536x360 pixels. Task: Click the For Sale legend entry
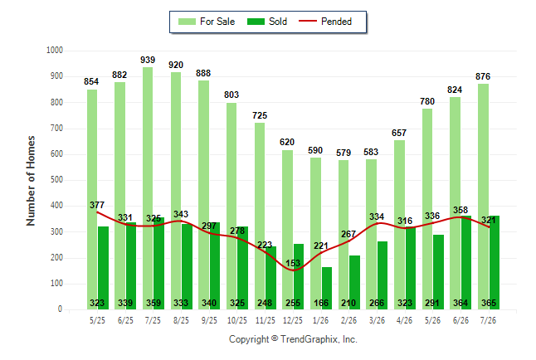click(207, 22)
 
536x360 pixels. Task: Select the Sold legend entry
click(267, 22)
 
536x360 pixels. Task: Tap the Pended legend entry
click(325, 22)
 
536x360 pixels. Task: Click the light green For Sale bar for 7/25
click(148, 188)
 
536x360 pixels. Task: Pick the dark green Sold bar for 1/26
click(327, 288)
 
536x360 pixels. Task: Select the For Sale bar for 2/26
click(344, 235)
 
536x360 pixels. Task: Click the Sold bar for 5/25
click(103, 268)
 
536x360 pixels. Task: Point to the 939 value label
click(148, 61)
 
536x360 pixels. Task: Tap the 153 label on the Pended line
click(293, 263)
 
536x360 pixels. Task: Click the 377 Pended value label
click(97, 205)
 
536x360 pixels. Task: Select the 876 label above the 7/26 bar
click(483, 76)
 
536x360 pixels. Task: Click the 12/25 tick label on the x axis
click(293, 320)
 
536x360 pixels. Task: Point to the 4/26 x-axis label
click(404, 320)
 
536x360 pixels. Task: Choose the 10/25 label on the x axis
click(237, 320)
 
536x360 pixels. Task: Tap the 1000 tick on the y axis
click(55, 51)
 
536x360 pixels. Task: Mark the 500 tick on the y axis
click(56, 180)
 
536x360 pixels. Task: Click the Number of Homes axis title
click(31, 181)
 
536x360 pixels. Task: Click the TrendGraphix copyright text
click(293, 339)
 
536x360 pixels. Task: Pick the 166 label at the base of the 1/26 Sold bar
click(321, 303)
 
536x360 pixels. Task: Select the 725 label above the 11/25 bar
click(260, 115)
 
